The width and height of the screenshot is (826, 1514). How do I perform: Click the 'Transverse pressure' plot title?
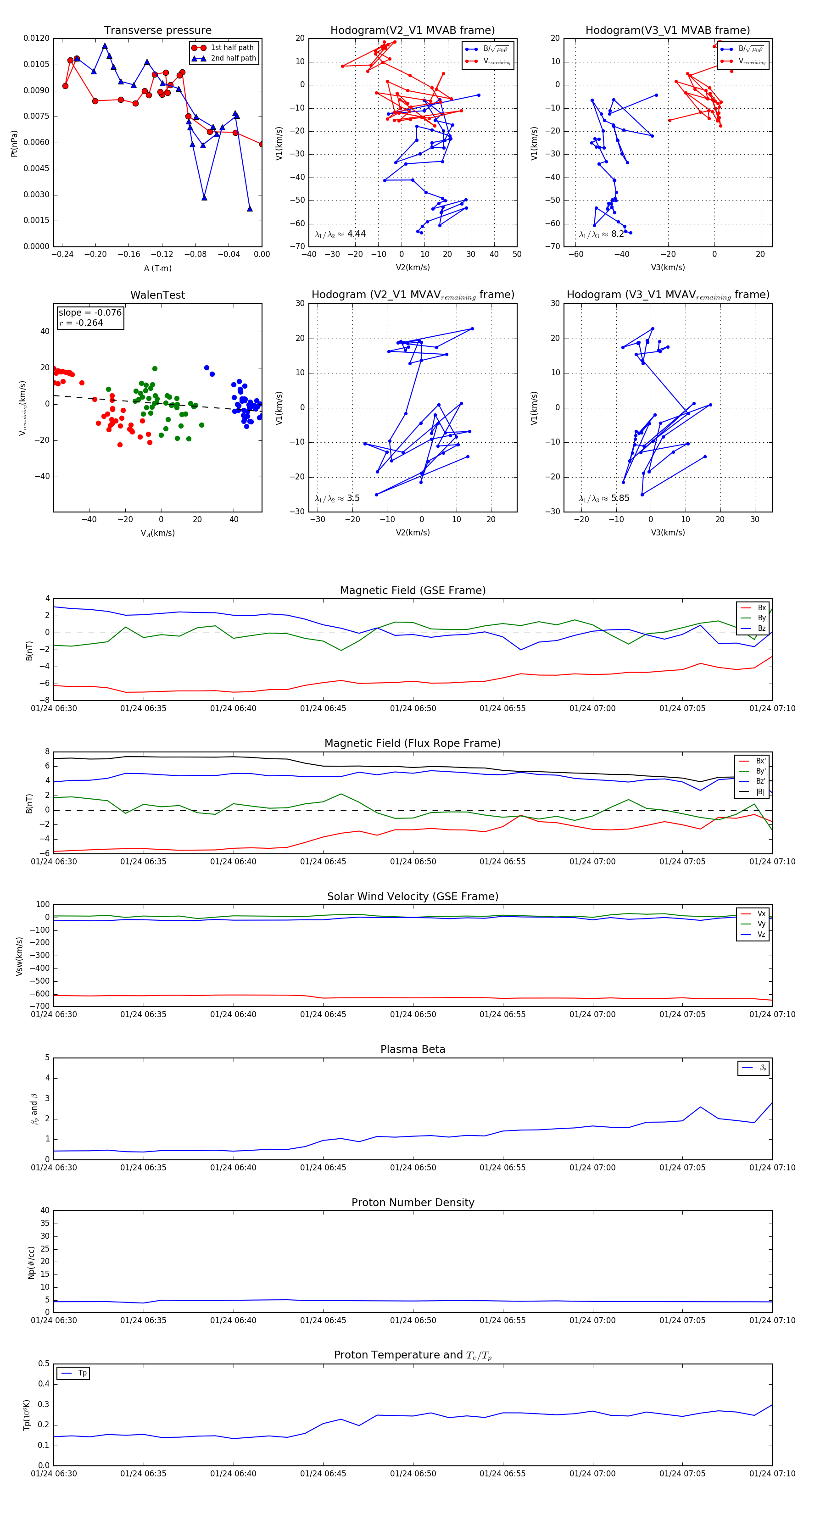[x=157, y=31]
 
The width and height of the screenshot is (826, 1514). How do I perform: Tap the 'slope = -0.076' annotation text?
[x=90, y=313]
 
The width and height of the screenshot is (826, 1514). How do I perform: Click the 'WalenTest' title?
[x=157, y=295]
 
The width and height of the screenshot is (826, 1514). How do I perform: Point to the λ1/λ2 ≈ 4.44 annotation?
[x=340, y=234]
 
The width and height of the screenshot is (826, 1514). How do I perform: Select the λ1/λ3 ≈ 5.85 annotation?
[x=604, y=498]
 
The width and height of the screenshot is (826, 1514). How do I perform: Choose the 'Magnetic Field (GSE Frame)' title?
[x=413, y=590]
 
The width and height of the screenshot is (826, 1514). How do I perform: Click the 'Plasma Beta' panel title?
[x=413, y=1050]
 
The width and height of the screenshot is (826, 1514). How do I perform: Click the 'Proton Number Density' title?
[x=413, y=1202]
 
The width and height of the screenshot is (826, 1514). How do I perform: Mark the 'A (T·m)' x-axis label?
[x=157, y=268]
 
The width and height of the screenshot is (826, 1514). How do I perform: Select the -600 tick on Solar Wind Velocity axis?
[x=40, y=994]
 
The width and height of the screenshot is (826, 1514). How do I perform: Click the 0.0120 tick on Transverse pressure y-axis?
[x=36, y=38]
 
